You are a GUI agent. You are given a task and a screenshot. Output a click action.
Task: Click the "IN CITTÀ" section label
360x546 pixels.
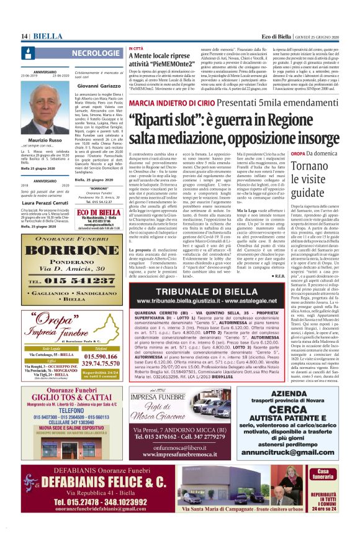tap(135, 48)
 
